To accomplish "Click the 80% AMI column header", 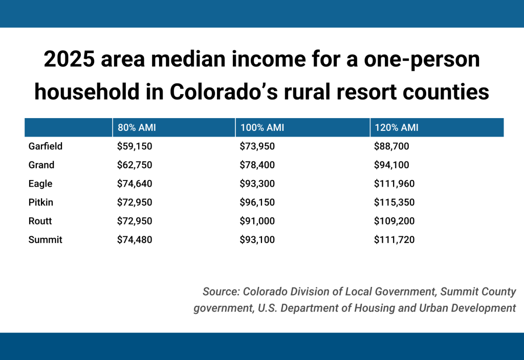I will (x=137, y=128).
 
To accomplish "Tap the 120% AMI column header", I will (x=397, y=128).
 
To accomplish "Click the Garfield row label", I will (x=46, y=146).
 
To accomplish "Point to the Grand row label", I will (x=41, y=165).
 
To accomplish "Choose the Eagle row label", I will (x=40, y=184).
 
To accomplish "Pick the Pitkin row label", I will (x=41, y=202).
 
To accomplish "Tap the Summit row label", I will (x=45, y=239).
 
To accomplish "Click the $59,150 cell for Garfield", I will (x=135, y=146).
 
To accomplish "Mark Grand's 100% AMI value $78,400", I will (x=257, y=165).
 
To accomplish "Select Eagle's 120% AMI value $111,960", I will (x=395, y=184).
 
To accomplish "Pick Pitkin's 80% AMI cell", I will (x=135, y=202).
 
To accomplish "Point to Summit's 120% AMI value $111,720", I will (x=395, y=239).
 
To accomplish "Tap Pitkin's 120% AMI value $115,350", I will (x=395, y=202).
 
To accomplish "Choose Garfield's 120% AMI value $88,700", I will (x=392, y=146).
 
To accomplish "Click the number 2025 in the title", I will (x=69, y=60).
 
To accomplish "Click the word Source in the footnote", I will (x=220, y=291).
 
